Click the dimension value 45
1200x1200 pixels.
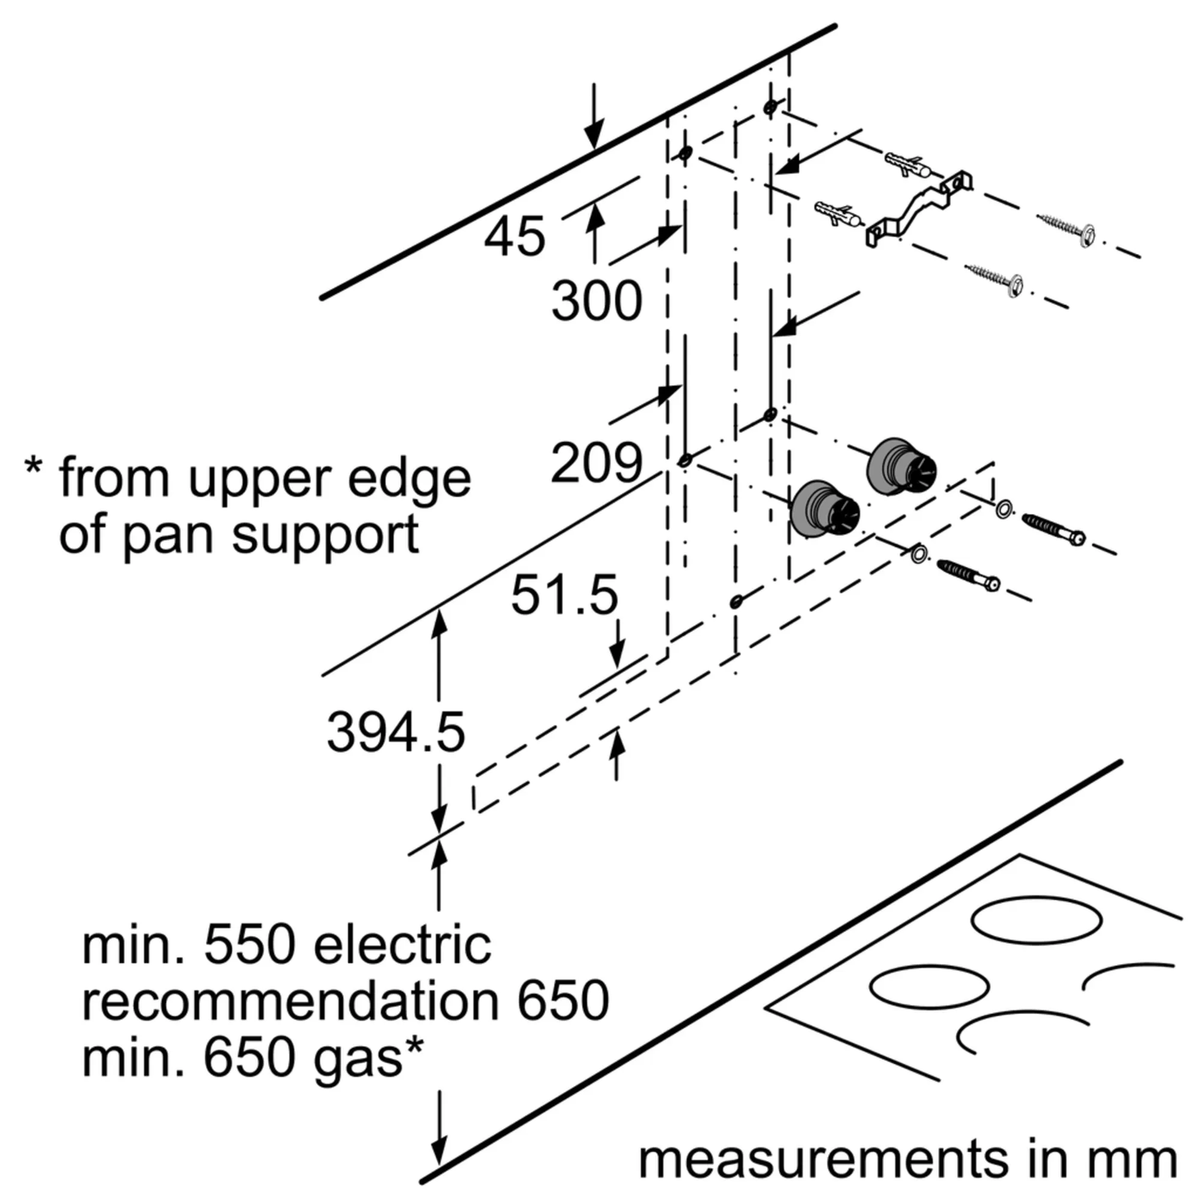tap(515, 237)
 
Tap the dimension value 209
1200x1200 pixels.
tap(596, 463)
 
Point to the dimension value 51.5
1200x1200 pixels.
tap(564, 595)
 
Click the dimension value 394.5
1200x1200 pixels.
tap(395, 732)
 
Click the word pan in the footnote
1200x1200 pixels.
tap(171, 536)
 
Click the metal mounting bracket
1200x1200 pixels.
tap(918, 208)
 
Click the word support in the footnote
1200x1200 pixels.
tap(325, 536)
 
